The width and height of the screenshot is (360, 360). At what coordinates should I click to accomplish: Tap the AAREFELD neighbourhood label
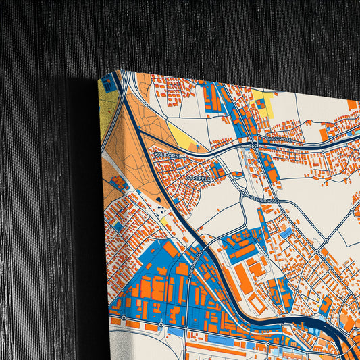click(x=188, y=174)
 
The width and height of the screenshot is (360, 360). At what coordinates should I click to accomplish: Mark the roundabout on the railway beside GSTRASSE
click(x=253, y=145)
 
